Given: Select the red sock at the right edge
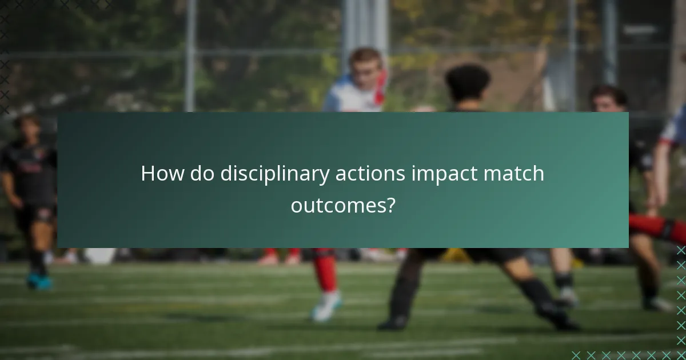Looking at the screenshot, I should point(657,227).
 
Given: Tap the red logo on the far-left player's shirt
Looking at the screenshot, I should point(31,167).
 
